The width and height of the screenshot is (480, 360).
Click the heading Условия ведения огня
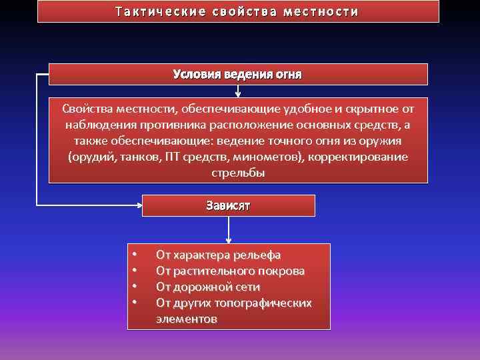(x=237, y=74)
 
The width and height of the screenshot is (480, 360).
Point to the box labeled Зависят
(x=228, y=206)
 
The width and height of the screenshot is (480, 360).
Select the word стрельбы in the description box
(x=238, y=173)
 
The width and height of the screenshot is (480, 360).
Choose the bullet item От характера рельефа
(x=218, y=255)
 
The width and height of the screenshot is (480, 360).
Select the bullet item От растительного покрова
(x=230, y=271)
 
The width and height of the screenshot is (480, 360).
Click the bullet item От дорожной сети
(x=208, y=287)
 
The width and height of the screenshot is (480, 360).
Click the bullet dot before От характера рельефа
(x=135, y=255)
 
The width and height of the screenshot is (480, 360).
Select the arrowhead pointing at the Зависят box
(x=139, y=206)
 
